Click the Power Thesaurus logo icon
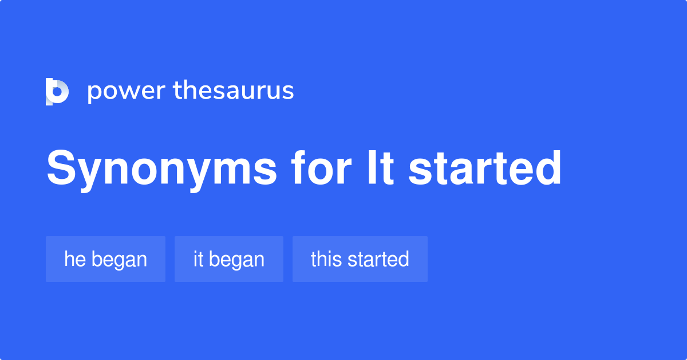(57, 92)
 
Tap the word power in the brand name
(125, 92)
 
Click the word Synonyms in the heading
(162, 169)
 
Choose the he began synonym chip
(105, 259)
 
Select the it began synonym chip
(229, 259)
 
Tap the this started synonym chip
(360, 259)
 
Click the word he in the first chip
(74, 259)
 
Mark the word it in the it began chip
(198, 259)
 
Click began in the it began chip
(237, 260)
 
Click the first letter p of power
(94, 93)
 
